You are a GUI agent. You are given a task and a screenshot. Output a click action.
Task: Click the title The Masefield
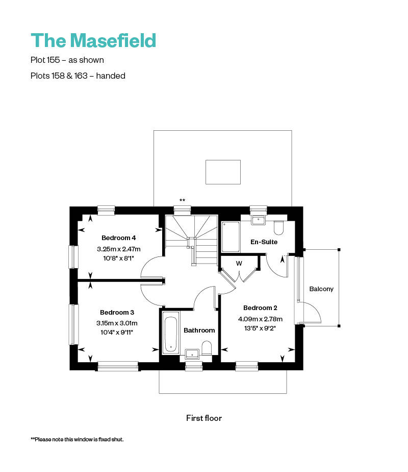(x=93, y=40)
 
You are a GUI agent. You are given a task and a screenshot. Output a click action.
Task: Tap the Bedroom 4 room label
(x=118, y=238)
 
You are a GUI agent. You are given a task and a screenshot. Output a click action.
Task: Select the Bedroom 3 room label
(x=117, y=312)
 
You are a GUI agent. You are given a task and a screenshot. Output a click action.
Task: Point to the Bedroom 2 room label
(x=260, y=308)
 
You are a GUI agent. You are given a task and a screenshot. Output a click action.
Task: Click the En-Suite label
(x=264, y=242)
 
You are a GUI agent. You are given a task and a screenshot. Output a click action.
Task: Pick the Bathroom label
(x=199, y=330)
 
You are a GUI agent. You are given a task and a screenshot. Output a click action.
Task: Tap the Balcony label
(x=321, y=289)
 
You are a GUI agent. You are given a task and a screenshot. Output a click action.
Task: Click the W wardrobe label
(x=239, y=264)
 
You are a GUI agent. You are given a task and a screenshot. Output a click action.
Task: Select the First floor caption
(x=204, y=418)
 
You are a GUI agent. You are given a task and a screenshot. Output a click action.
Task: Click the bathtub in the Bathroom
(x=170, y=333)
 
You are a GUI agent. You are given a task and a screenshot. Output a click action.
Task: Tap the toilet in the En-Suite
(x=278, y=227)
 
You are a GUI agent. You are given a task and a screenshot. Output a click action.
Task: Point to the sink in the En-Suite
(x=259, y=221)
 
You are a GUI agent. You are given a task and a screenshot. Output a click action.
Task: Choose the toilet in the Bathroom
(x=207, y=348)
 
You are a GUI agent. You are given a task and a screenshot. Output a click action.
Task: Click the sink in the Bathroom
(x=192, y=352)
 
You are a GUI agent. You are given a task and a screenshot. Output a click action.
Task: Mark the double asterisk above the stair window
(x=182, y=200)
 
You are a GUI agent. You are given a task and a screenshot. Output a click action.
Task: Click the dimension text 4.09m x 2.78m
(x=260, y=319)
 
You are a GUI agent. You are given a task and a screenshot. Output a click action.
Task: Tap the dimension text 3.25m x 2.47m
(x=118, y=249)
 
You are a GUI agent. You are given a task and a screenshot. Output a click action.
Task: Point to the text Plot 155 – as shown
(x=67, y=60)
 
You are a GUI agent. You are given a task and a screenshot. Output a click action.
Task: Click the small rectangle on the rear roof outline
(x=223, y=172)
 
